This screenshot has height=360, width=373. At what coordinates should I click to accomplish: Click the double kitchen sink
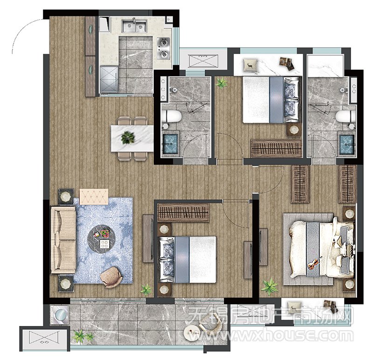click(135, 26)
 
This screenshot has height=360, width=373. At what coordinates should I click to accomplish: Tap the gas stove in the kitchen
click(164, 48)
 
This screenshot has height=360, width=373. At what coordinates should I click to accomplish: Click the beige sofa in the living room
click(63, 240)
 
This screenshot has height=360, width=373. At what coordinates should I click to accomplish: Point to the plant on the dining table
click(128, 137)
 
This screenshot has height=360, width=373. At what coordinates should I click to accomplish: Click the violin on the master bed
click(314, 263)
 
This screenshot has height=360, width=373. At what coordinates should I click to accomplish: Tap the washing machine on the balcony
click(60, 315)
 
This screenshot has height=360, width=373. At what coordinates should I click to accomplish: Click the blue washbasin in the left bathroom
click(170, 144)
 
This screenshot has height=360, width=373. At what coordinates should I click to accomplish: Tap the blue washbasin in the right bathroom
click(347, 144)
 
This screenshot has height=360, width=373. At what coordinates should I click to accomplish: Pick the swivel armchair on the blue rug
click(111, 277)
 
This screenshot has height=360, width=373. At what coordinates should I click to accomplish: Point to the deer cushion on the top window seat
click(250, 65)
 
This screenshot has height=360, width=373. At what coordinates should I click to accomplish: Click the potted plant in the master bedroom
click(269, 286)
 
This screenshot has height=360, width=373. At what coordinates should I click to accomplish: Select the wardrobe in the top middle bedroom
click(276, 148)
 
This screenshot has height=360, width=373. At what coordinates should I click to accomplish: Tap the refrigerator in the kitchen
click(109, 79)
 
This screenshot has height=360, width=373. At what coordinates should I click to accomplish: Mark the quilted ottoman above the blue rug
click(94, 197)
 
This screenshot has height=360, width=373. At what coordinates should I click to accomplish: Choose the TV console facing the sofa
click(148, 238)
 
